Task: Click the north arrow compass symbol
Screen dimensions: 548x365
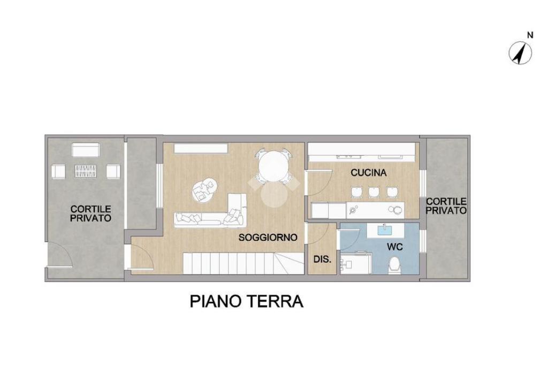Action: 520,53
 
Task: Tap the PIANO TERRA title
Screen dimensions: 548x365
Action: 246,301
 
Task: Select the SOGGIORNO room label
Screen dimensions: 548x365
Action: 268,238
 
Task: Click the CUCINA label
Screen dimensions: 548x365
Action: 369,173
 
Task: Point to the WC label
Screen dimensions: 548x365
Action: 395,247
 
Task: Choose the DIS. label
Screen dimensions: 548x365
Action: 322,260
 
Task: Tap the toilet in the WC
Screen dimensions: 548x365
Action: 395,265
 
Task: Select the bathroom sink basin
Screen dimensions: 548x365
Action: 385,230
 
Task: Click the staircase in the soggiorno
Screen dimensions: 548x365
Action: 243,263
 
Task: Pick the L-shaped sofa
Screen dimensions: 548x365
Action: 210,211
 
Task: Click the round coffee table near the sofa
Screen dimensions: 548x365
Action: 204,189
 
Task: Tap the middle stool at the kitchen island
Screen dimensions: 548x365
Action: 374,192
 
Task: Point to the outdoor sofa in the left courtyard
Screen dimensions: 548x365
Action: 86,150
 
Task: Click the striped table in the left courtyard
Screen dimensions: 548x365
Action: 86,171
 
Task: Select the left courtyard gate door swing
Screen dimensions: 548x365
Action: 59,255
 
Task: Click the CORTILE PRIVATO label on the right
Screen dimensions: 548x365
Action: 446,206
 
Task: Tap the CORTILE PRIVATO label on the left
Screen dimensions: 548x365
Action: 91,214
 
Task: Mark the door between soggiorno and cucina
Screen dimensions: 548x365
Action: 319,183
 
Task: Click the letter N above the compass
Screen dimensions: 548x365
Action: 530,35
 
